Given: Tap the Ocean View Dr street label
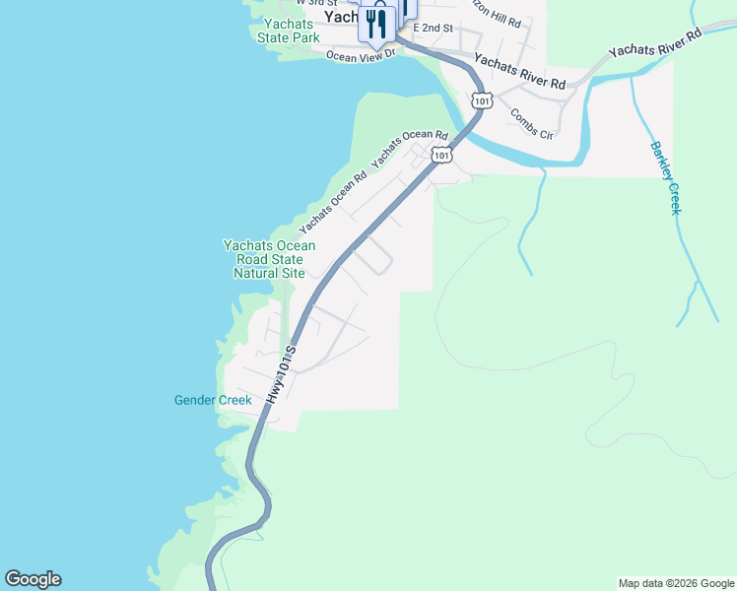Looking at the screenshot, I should pos(361,55).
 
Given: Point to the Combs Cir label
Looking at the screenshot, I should pos(531,122).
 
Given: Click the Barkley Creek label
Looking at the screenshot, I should pos(665,178).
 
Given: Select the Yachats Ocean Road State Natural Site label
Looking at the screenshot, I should pos(269,259).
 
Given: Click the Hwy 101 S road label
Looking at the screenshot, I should pos(281,374).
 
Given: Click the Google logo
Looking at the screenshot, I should pos(33,579).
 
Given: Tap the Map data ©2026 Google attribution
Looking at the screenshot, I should pos(676,583).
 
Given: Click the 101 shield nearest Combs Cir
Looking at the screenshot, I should pos(481,100).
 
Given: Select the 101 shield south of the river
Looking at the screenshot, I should pos(442,155).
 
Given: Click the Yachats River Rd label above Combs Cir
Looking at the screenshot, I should pos(520,72).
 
